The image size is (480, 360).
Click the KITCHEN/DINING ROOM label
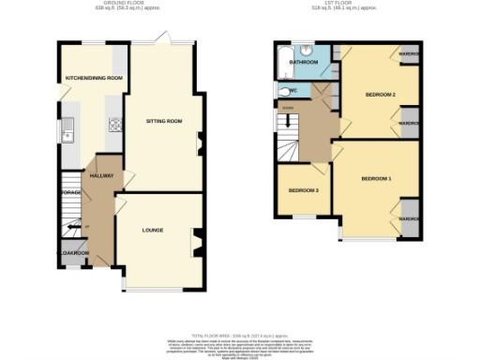[94, 78]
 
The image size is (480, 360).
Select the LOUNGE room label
[153, 229]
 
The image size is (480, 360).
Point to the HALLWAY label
[101, 175]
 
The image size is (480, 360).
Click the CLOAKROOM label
[74, 253]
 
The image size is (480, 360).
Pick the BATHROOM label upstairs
[305, 63]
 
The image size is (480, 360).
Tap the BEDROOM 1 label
[376, 178]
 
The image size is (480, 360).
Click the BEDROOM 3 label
[304, 191]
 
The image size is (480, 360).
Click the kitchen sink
[67, 131]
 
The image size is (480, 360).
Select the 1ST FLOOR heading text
[345, 5]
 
